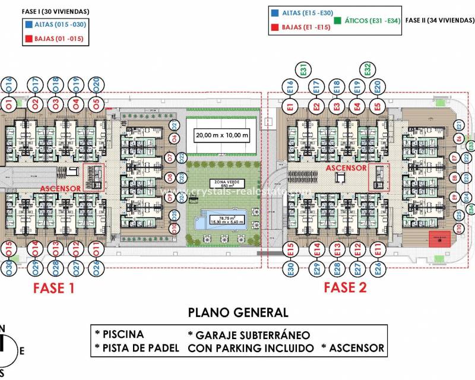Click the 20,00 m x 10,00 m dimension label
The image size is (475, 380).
(222, 135)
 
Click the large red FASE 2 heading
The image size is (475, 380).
(346, 288)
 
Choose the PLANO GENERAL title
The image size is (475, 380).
(237, 312)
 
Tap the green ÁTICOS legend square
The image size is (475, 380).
(337, 20)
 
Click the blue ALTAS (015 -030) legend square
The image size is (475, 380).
(29, 25)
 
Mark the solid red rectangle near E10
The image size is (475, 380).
(439, 239)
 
